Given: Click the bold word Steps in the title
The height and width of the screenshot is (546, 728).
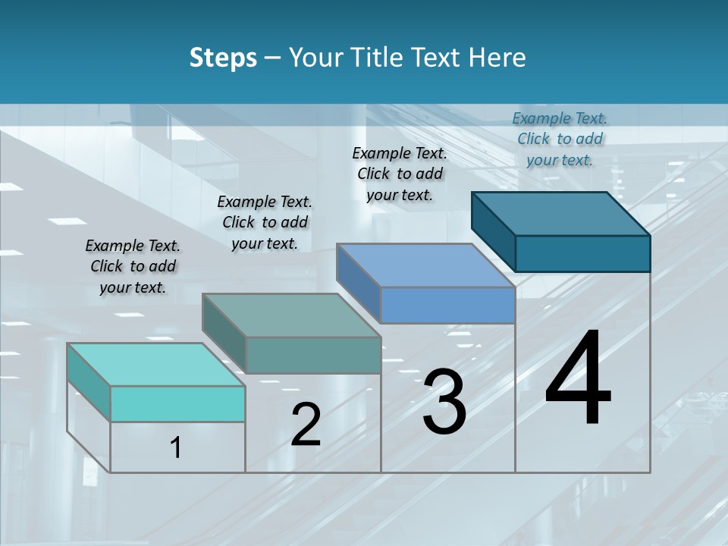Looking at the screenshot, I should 223,58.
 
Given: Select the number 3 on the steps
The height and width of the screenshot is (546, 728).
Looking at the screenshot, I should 444,401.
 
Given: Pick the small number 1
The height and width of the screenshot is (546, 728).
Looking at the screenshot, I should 175,448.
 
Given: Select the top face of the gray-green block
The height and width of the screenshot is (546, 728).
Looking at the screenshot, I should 291,315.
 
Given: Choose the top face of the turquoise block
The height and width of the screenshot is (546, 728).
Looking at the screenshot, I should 156,365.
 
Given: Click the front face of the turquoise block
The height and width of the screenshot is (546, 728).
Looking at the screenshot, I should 177,403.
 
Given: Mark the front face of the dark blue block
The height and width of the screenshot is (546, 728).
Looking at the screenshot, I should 582,253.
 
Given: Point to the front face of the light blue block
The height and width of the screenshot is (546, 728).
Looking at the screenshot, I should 447,305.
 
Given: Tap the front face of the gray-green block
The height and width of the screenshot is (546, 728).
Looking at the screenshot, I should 312,355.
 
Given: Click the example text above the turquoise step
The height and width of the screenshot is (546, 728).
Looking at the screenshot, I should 133,266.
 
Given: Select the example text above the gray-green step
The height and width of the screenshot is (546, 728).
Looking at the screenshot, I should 265,222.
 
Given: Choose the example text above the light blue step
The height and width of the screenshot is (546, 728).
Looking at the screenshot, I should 400,174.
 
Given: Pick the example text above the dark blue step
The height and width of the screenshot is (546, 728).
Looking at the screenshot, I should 560,139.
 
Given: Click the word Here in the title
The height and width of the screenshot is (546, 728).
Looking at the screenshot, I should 497,58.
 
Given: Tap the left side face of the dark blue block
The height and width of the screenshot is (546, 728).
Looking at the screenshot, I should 493,231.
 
